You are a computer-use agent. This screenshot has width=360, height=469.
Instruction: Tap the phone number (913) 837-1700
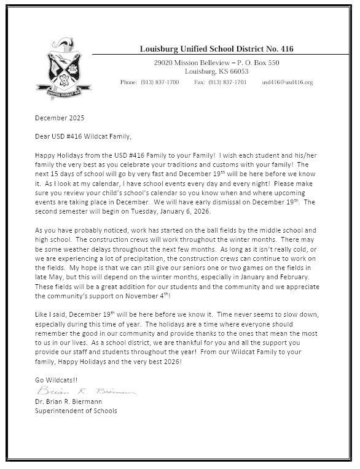click(x=160, y=82)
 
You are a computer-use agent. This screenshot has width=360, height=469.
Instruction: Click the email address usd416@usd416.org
click(x=288, y=82)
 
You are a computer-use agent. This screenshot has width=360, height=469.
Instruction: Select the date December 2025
click(x=61, y=117)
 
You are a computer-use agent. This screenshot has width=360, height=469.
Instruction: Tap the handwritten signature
click(x=86, y=390)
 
